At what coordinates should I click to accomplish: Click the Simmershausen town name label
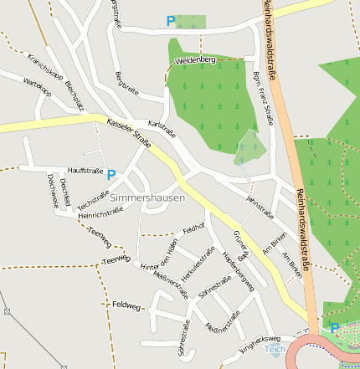point(147,198)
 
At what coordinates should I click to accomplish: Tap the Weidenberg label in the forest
point(196,60)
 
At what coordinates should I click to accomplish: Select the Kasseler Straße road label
point(130,134)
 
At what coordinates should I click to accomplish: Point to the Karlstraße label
point(162,129)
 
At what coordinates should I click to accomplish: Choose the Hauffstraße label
point(85,171)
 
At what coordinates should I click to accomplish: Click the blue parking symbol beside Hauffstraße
point(111,175)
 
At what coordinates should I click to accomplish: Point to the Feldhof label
point(193,227)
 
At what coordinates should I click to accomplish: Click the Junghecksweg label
point(259,340)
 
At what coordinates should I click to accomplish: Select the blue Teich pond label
point(275,349)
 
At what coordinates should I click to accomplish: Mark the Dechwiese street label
point(52,189)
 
